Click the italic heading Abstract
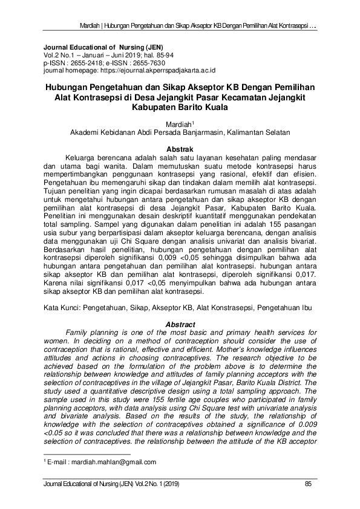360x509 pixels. pyautogui.click(x=180, y=325)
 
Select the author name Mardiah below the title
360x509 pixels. pyautogui.click(x=178, y=123)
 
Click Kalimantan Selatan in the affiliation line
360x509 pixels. pyautogui.click(x=258, y=132)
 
